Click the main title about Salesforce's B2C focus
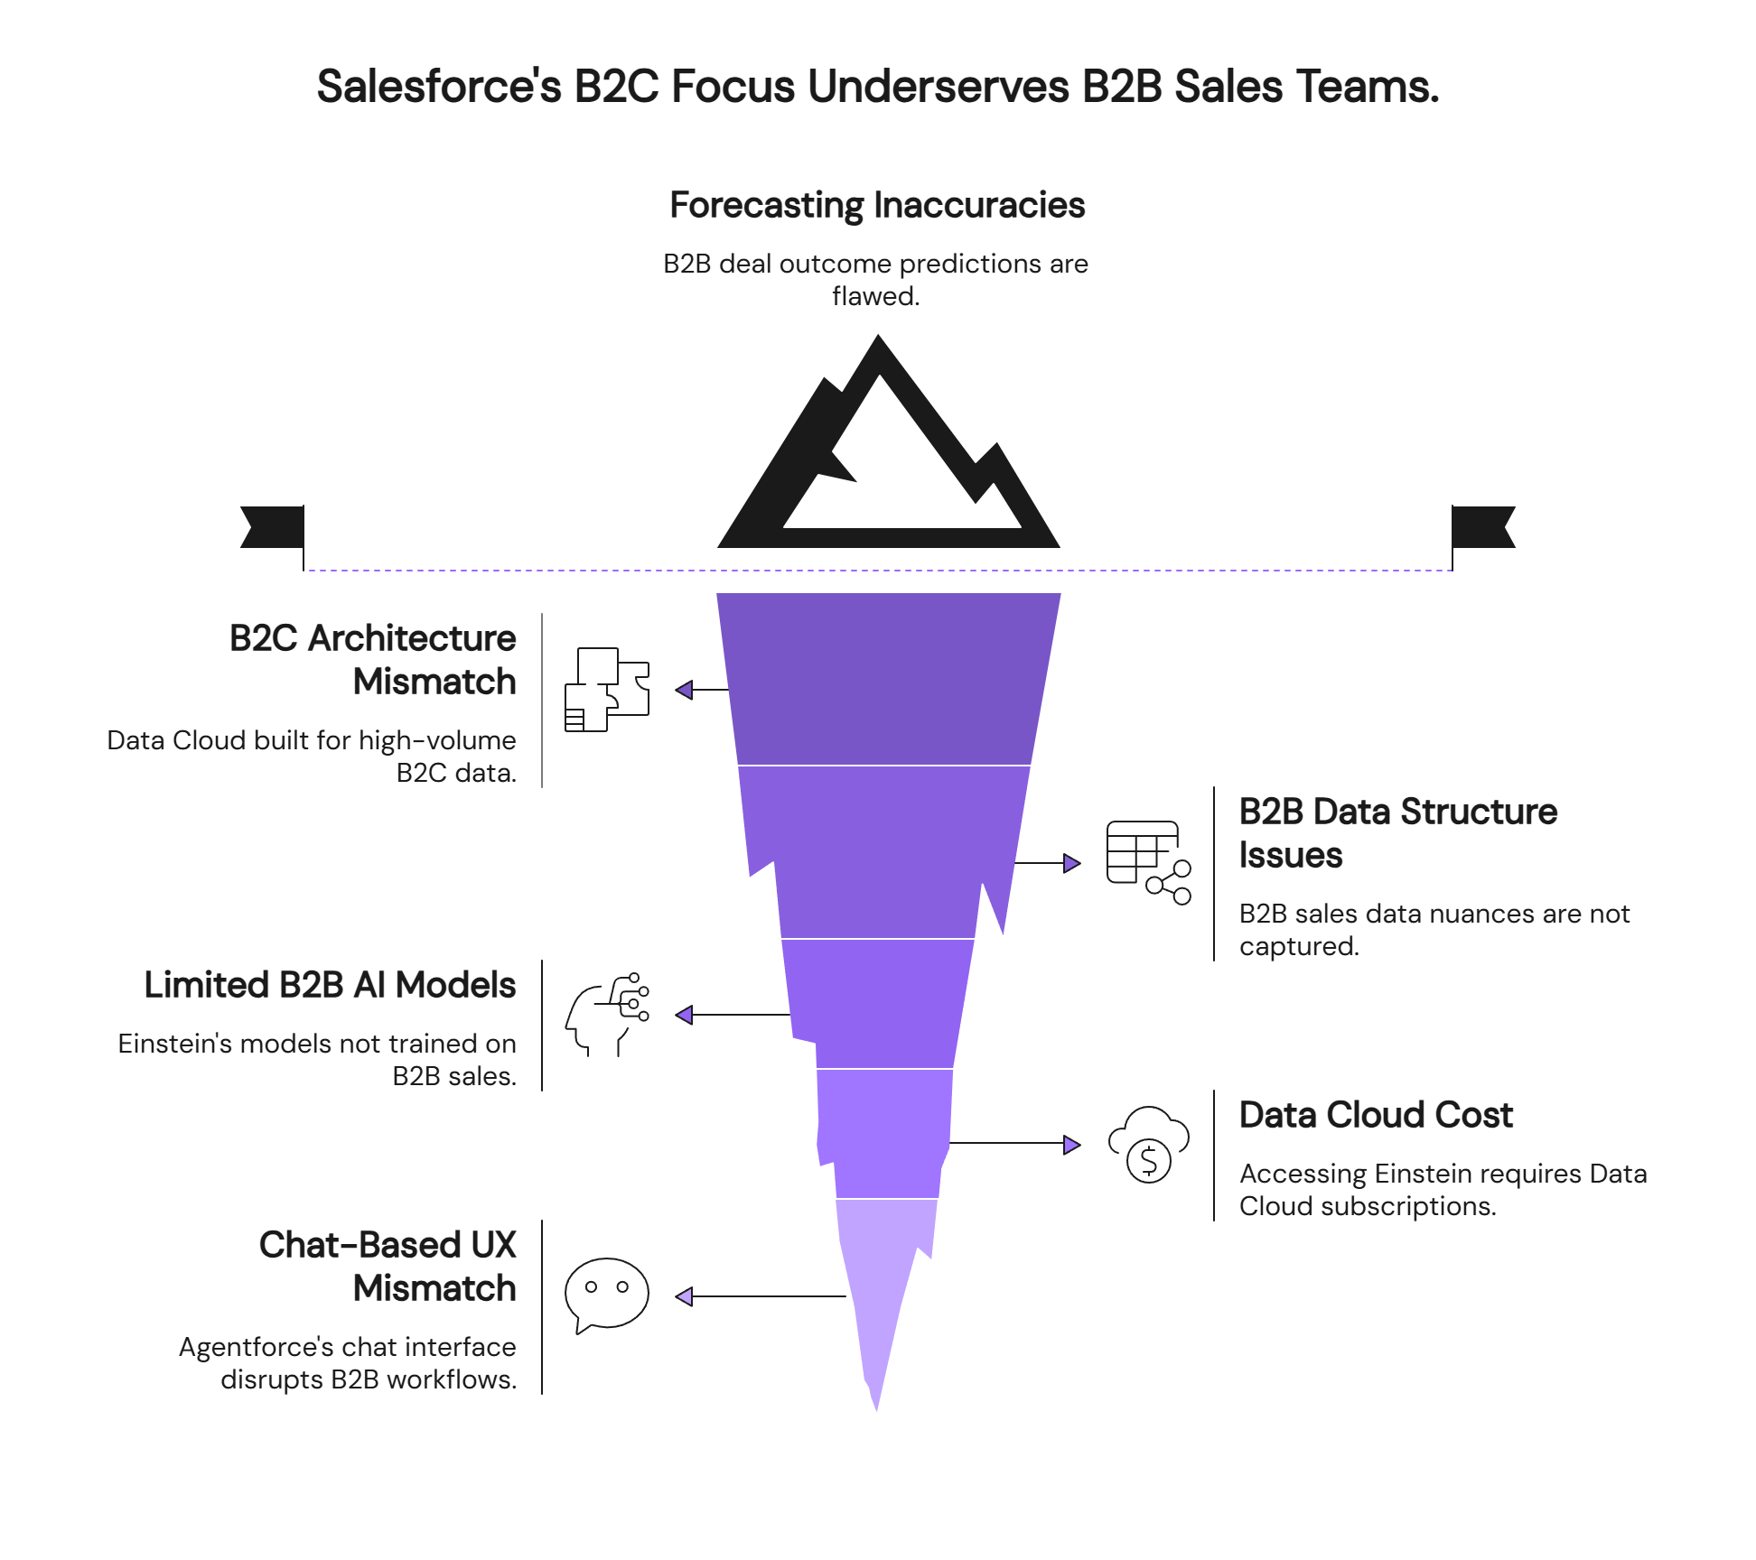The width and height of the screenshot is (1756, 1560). click(877, 88)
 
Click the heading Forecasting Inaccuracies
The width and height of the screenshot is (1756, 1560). click(877, 206)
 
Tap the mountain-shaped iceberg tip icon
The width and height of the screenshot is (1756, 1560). click(888, 451)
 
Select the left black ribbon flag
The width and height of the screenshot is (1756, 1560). click(271, 527)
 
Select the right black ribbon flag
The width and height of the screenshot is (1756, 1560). click(1484, 527)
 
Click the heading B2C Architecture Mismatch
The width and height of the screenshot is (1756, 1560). click(372, 660)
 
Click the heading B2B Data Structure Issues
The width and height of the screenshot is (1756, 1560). click(1397, 833)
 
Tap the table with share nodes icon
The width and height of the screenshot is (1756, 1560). click(1148, 863)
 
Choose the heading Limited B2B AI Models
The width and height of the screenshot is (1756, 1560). click(331, 985)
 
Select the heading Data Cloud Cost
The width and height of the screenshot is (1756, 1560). click(1376, 1115)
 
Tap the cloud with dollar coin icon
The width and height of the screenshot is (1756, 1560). click(1148, 1145)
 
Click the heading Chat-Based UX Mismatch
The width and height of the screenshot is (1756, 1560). click(388, 1267)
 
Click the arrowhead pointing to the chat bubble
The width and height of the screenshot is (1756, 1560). click(685, 1296)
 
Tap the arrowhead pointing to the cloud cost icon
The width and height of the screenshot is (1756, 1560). click(1071, 1145)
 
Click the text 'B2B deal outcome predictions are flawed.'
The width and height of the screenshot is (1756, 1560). click(875, 280)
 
